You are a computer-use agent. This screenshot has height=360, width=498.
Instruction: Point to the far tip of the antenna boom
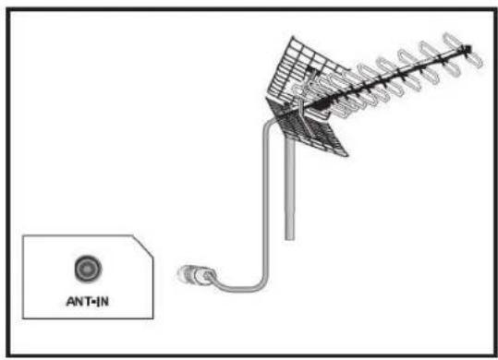tap(471, 48)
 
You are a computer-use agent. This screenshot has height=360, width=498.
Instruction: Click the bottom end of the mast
tap(290, 238)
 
